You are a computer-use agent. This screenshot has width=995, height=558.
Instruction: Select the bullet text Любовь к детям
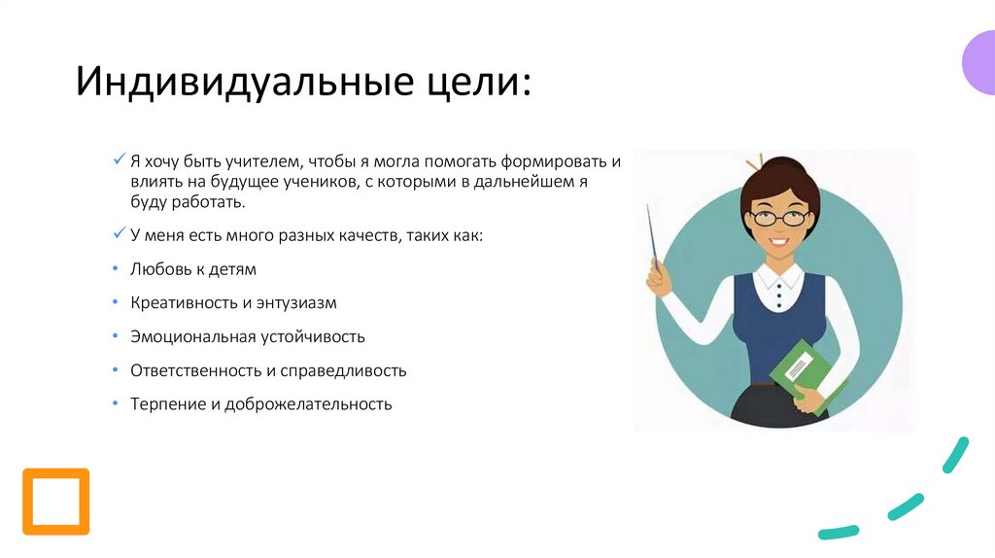point(193,269)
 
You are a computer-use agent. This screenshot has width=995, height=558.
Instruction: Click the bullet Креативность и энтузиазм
point(233,302)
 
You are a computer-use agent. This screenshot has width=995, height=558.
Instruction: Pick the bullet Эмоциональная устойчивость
point(248,336)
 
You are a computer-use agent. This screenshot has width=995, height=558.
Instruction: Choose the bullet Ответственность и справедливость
point(268,370)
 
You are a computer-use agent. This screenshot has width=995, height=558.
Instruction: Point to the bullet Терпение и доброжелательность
point(261,404)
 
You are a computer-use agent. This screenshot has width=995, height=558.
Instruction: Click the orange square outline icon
point(55,502)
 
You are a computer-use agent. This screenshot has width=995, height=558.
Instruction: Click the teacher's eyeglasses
point(779,216)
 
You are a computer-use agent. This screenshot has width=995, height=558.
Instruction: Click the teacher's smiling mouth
point(779,239)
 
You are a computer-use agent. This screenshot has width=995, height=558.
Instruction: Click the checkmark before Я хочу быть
point(119,159)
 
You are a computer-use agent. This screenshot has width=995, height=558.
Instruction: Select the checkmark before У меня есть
point(119,234)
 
